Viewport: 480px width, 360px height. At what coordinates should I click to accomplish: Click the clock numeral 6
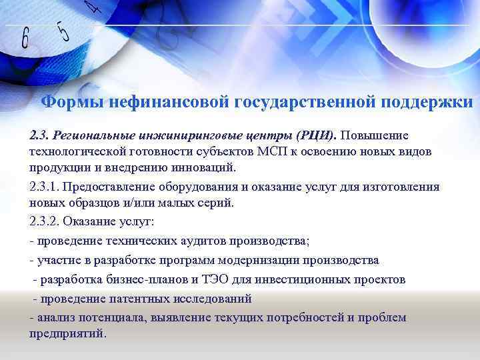click(26, 39)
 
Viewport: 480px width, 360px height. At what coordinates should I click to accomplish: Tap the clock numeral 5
click(64, 31)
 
